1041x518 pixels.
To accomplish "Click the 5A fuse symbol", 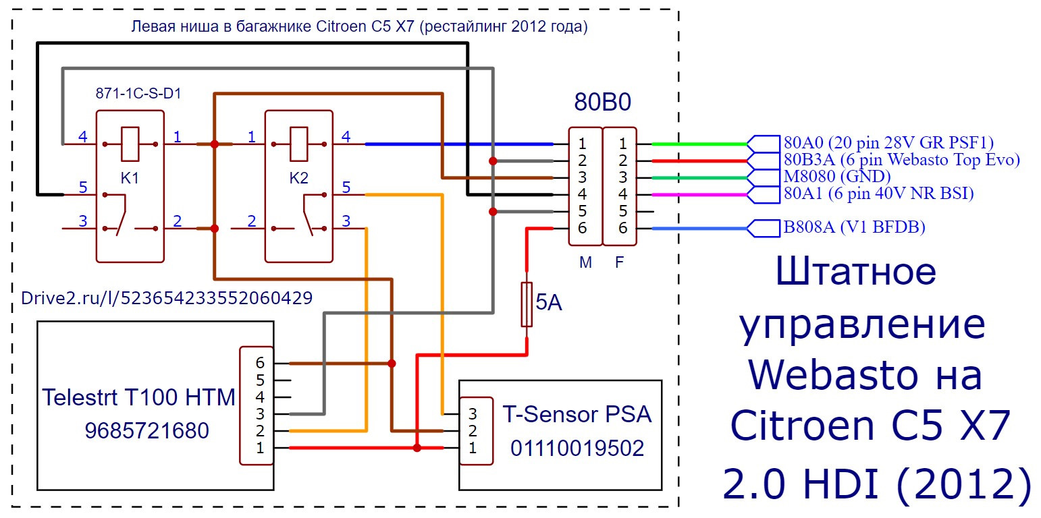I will tap(527, 304).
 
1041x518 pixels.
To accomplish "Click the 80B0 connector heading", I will tap(602, 102).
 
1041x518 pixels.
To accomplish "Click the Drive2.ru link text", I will tap(167, 298).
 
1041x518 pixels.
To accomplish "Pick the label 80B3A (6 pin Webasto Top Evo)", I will tap(901, 160).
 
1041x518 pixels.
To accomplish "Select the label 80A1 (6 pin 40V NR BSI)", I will tap(878, 194).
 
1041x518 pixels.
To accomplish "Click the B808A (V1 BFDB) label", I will tap(854, 228).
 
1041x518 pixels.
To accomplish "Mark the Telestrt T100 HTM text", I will tap(138, 397).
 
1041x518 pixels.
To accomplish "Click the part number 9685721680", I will tap(146, 430).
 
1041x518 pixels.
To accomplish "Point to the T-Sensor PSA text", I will tap(577, 413).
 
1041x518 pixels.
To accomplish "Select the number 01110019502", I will tap(577, 447).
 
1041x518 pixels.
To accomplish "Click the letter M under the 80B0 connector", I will tap(585, 263).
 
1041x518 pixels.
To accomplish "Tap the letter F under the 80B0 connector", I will tap(620, 263).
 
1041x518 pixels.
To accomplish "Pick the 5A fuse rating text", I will tap(548, 304).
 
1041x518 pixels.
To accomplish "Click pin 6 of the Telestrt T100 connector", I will tap(260, 363).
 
